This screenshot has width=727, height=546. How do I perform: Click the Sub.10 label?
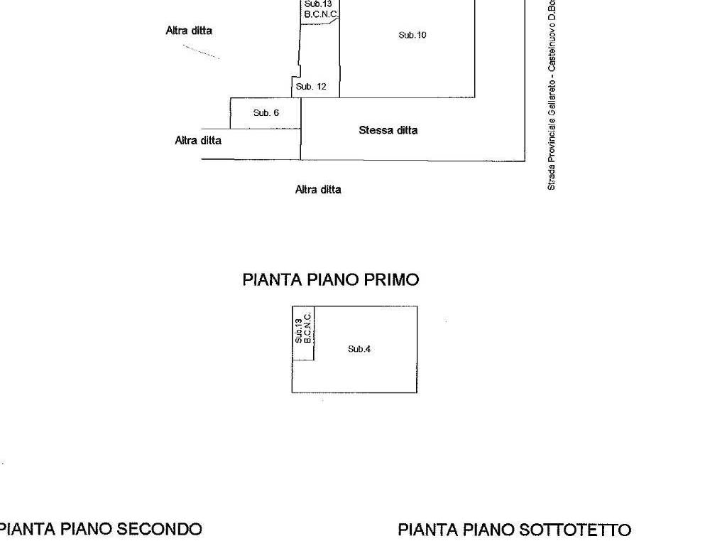coord(412,35)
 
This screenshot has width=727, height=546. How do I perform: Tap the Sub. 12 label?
coord(311,87)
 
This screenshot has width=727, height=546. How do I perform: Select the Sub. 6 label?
coord(266,112)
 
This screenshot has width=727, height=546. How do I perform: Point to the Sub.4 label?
coord(359,348)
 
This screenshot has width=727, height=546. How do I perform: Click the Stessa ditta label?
coord(388,130)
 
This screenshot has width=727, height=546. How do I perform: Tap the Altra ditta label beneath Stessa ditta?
coord(318,190)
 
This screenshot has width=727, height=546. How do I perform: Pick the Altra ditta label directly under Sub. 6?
coord(198,140)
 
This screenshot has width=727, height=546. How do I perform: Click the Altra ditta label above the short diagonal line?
coord(189,31)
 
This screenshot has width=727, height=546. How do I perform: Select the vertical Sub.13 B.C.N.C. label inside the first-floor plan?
coord(303,330)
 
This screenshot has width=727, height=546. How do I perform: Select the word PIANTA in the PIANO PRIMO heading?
coord(273,279)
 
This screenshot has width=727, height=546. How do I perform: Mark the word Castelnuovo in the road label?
coord(551,50)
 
